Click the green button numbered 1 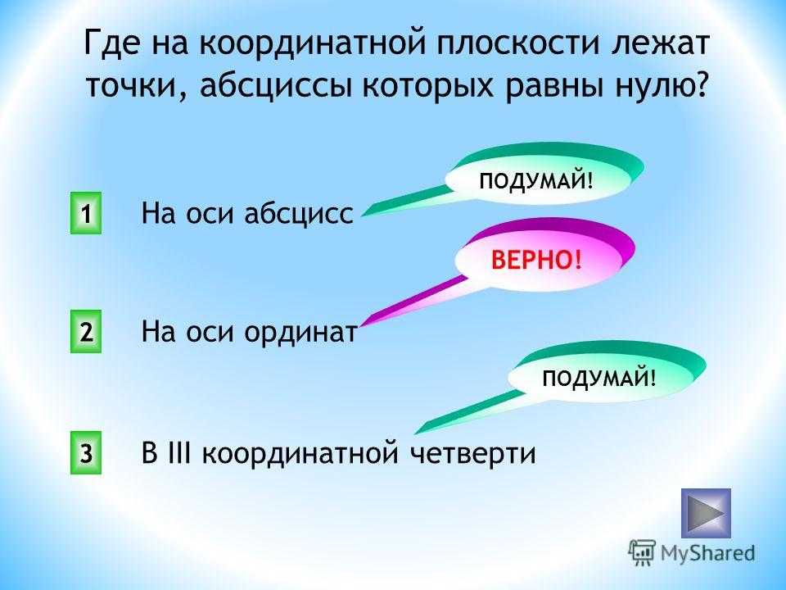(86, 213)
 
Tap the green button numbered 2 (86, 331)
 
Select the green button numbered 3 (86, 452)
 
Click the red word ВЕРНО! (537, 260)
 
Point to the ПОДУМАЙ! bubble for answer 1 (536, 180)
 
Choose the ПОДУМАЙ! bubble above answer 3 (599, 378)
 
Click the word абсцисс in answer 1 (299, 213)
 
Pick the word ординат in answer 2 (300, 332)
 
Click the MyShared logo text (707, 553)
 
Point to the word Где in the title (111, 44)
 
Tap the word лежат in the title (659, 43)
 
